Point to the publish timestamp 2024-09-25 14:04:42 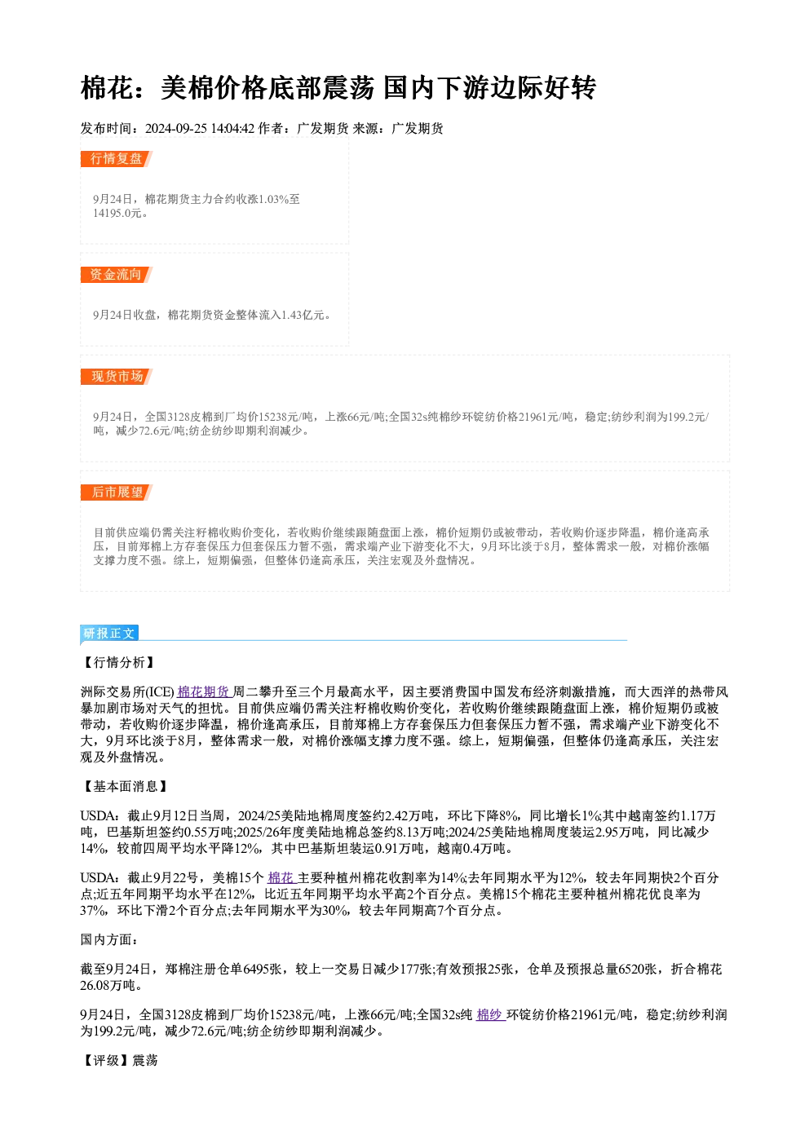tap(200, 128)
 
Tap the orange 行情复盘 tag tap(116, 159)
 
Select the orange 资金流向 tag tap(116, 275)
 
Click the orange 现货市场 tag tap(116, 377)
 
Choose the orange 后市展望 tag tap(116, 492)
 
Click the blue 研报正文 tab tap(109, 634)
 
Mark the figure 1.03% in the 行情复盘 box tap(273, 199)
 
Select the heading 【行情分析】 tap(118, 662)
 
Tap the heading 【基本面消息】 tap(125, 786)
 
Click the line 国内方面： tap(109, 939)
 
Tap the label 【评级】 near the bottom tap(106, 1060)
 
